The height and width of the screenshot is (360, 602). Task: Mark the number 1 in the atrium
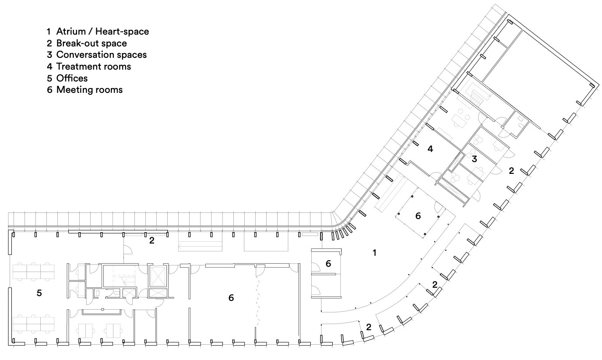374,253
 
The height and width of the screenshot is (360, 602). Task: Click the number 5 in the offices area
39,293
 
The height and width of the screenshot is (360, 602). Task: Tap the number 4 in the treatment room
430,149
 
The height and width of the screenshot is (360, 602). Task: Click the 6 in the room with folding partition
231,298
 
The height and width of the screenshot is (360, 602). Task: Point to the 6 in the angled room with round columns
418,216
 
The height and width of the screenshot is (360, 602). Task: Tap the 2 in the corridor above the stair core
151,240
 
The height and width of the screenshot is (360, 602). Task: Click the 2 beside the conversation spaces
511,171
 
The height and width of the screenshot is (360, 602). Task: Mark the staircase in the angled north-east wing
476,94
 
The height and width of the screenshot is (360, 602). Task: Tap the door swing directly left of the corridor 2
128,250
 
